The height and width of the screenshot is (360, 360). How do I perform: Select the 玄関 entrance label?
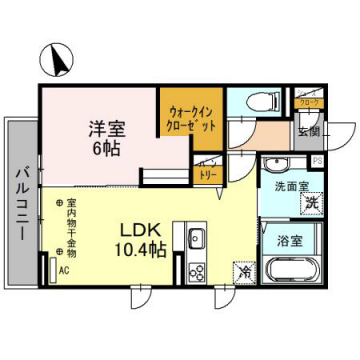(306, 130)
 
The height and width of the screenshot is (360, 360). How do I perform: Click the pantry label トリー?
(209, 174)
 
